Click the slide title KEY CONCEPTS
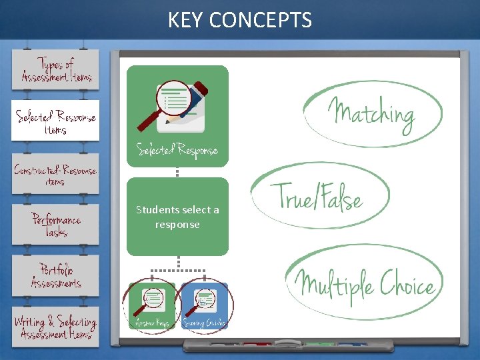239,20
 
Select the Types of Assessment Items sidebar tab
56,69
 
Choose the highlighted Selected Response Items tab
55,121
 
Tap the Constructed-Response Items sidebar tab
55,174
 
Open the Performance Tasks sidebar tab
56,224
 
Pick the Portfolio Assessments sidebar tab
55,275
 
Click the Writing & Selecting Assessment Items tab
55,327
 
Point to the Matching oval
372,113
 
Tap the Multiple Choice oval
365,283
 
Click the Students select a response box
177,217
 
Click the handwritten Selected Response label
177,150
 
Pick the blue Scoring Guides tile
204,307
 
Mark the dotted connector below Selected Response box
177,172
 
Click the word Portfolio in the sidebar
56,269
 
